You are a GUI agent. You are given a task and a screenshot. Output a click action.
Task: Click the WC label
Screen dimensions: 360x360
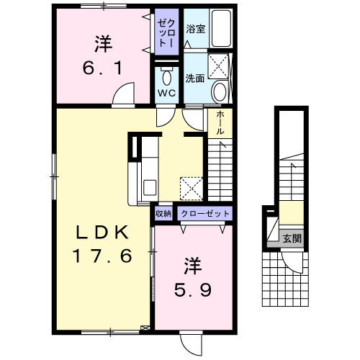point(166,94)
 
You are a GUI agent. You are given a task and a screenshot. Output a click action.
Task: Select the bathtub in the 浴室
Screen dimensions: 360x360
point(221,28)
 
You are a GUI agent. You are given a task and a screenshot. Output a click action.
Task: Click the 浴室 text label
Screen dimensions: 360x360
point(196,29)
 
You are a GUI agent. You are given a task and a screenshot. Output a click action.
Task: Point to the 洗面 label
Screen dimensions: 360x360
point(194,78)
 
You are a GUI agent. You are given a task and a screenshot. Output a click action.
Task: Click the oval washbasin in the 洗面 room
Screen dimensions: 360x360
point(220,91)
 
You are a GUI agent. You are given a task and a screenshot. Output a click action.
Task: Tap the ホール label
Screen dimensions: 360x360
point(220,122)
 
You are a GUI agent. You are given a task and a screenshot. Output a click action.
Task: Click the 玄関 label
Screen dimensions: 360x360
point(292,238)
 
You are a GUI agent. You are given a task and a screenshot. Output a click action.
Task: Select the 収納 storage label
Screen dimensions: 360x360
point(163,213)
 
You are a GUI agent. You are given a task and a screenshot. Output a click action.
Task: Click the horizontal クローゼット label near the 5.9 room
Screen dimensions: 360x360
point(205,213)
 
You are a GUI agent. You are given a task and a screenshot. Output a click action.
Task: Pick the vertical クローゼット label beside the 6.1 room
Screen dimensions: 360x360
point(166,33)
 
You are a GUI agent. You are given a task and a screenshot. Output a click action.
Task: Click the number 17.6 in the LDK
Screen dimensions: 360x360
point(102,256)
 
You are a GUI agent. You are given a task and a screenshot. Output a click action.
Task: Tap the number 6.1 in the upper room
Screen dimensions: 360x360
point(103,68)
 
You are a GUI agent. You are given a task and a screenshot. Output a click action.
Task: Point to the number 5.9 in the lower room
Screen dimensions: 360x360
point(193,289)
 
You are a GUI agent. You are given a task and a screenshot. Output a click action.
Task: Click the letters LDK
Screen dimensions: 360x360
point(102,233)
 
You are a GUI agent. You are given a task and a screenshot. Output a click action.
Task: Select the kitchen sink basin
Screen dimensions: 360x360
point(150,188)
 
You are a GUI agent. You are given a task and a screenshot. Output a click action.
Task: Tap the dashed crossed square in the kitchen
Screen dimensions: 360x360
point(192,189)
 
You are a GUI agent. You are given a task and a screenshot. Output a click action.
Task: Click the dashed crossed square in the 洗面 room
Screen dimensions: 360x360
point(218,66)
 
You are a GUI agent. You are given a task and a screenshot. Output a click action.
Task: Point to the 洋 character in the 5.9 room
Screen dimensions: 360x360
point(192,266)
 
